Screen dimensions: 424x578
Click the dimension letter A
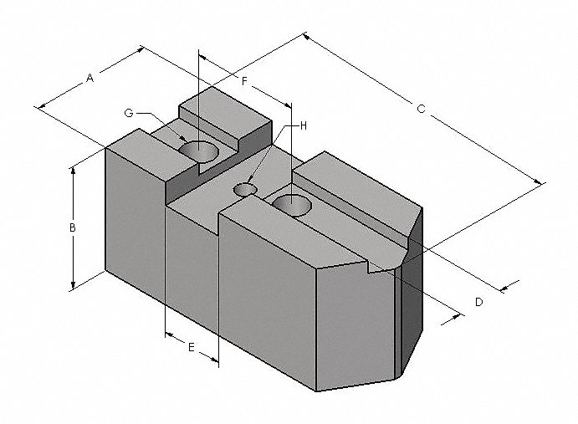click(90, 78)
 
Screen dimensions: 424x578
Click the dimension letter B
click(73, 227)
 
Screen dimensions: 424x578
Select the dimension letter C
click(421, 110)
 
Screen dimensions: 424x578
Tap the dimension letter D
click(478, 302)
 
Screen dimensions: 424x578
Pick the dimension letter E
click(191, 347)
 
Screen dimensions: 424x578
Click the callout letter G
click(128, 112)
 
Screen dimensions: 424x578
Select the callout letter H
click(304, 125)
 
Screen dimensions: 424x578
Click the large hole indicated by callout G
click(199, 151)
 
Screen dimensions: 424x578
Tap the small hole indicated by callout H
click(245, 190)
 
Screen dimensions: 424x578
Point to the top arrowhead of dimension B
click(74, 167)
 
